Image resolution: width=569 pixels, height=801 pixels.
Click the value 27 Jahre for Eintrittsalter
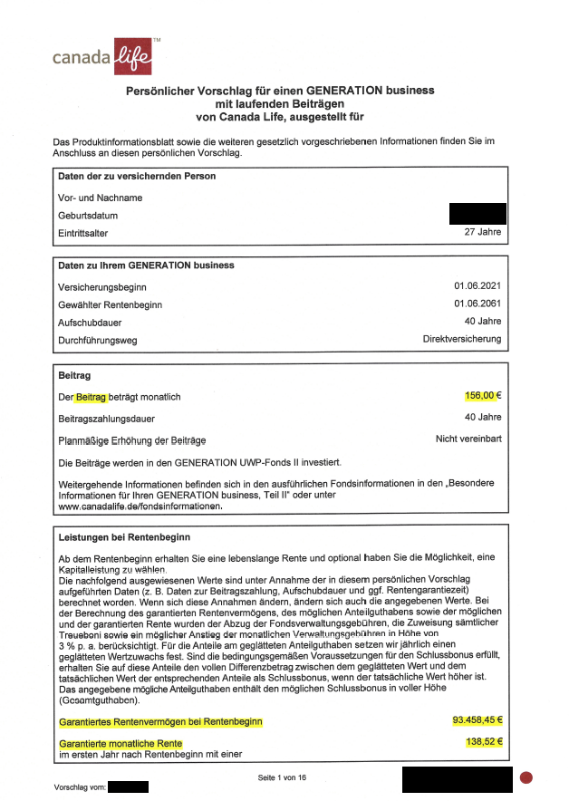[x=483, y=233]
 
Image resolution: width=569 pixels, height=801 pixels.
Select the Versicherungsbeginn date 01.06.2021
[x=477, y=286]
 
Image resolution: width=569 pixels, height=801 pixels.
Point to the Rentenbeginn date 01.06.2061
[x=477, y=304]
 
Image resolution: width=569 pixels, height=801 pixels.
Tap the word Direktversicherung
[x=462, y=339]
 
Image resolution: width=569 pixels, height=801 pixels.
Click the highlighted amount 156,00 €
[x=483, y=396]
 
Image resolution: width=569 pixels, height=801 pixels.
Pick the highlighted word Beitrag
[x=92, y=398]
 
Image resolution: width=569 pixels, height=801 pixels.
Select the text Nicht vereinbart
[x=468, y=439]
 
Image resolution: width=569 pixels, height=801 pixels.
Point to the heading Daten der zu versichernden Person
[x=137, y=176]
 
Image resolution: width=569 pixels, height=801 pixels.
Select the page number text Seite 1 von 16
[x=282, y=777]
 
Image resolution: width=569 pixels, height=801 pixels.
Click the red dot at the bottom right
[x=526, y=777]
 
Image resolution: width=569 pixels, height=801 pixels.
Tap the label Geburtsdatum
[x=88, y=216]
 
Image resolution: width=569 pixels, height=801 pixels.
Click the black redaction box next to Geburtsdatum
[x=477, y=214]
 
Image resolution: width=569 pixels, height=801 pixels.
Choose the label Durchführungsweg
[x=98, y=340]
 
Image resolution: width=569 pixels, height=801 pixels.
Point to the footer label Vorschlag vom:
[x=82, y=787]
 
